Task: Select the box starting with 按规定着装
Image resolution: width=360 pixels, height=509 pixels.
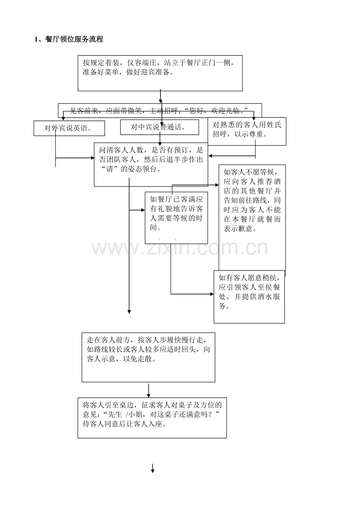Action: click(160, 73)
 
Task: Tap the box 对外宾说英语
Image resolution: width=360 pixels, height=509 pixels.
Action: click(69, 128)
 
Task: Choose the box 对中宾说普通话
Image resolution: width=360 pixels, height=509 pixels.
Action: click(159, 127)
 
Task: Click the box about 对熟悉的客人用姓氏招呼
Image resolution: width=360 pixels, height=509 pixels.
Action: click(247, 131)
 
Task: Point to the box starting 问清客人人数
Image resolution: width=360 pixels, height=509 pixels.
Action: click(151, 164)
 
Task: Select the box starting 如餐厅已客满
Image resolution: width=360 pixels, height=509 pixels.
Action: click(176, 217)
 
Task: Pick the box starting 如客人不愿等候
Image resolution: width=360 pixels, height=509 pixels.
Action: click(252, 220)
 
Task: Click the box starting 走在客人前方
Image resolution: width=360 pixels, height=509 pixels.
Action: click(148, 357)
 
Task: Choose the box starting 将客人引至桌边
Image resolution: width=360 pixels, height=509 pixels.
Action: click(152, 418)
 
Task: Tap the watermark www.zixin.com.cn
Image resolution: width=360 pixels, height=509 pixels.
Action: click(180, 247)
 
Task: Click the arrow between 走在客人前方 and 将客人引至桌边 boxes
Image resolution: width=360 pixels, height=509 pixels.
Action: click(149, 390)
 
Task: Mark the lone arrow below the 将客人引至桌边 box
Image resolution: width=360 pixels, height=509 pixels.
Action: click(153, 468)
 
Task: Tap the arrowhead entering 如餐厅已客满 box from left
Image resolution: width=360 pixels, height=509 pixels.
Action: click(143, 210)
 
